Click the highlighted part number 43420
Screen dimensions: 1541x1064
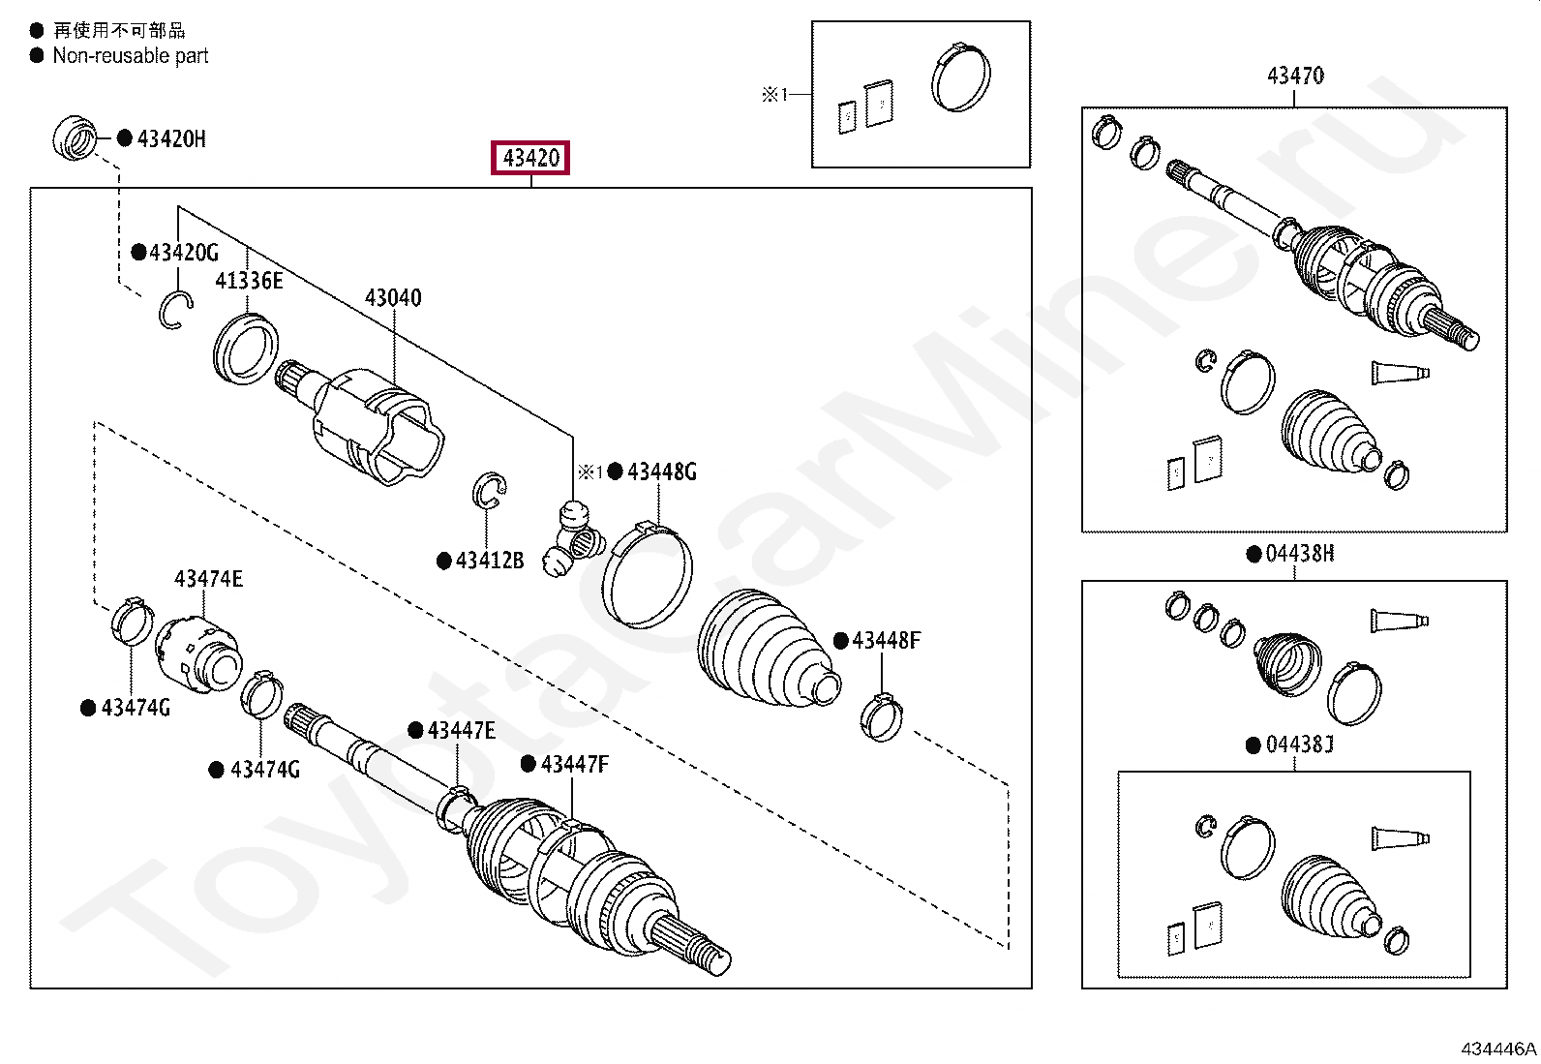coord(531,158)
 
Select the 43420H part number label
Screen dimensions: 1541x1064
coord(171,138)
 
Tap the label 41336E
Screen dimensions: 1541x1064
coord(249,281)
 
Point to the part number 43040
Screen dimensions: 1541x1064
coord(393,298)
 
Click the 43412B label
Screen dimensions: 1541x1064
coord(489,561)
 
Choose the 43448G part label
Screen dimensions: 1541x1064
coord(661,472)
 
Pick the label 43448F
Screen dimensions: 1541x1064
coord(886,641)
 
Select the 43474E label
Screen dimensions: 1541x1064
coord(208,579)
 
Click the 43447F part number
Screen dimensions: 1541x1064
coord(575,765)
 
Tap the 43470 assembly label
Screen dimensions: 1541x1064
coord(1295,76)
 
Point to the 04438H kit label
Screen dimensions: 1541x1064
coord(1299,554)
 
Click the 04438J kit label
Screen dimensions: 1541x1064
coord(1299,745)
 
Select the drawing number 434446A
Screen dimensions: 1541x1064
coord(1497,1049)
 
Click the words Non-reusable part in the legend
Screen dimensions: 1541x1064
coord(131,56)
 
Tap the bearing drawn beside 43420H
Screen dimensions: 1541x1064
coord(75,138)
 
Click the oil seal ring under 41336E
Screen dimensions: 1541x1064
coord(246,349)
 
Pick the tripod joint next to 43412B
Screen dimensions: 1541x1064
coord(572,537)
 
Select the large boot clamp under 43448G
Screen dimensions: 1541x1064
coord(647,577)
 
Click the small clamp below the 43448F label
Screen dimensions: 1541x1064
coord(881,718)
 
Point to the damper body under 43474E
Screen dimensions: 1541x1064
coord(198,655)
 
